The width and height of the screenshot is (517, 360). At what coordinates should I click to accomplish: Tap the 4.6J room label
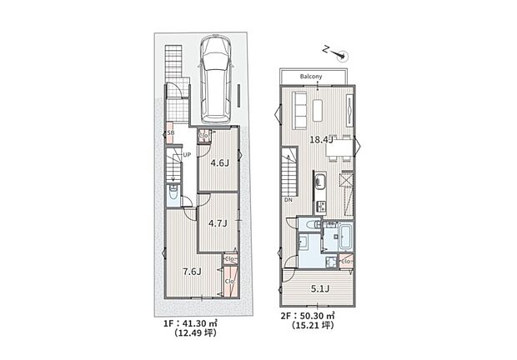point(218,163)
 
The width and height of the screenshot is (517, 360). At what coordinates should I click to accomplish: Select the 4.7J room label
point(218,223)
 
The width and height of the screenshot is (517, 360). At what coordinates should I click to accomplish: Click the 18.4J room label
point(322,139)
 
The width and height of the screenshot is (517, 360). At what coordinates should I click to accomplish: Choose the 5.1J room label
point(319,291)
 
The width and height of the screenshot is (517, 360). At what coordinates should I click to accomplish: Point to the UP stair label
point(187,156)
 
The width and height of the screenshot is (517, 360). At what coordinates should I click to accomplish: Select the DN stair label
point(288,200)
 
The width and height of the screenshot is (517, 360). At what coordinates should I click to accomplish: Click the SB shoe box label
point(171,133)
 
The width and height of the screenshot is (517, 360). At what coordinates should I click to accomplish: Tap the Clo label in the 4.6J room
point(203,136)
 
